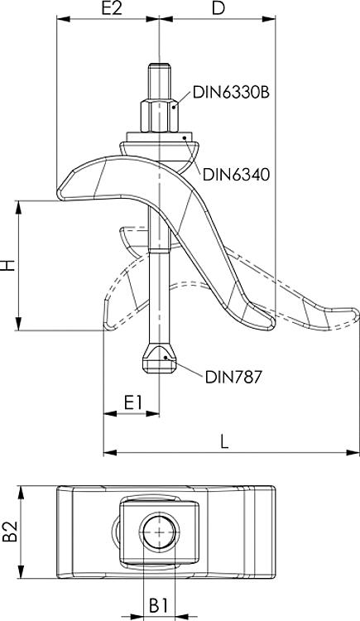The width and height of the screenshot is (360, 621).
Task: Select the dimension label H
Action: point(9,266)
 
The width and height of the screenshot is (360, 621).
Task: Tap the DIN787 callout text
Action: point(233,378)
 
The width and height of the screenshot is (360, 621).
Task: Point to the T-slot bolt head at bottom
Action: point(157,357)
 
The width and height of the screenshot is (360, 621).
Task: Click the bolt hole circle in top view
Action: point(158,530)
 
